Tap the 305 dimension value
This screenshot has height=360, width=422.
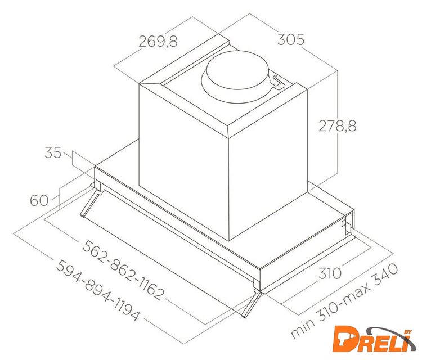pos(291,39)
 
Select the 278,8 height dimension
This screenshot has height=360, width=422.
pos(338,125)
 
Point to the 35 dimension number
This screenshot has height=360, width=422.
pos(53,152)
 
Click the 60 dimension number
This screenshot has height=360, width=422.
pos(39,200)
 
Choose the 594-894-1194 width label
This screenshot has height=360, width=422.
pos(98,290)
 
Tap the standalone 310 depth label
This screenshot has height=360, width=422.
pos(330,273)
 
